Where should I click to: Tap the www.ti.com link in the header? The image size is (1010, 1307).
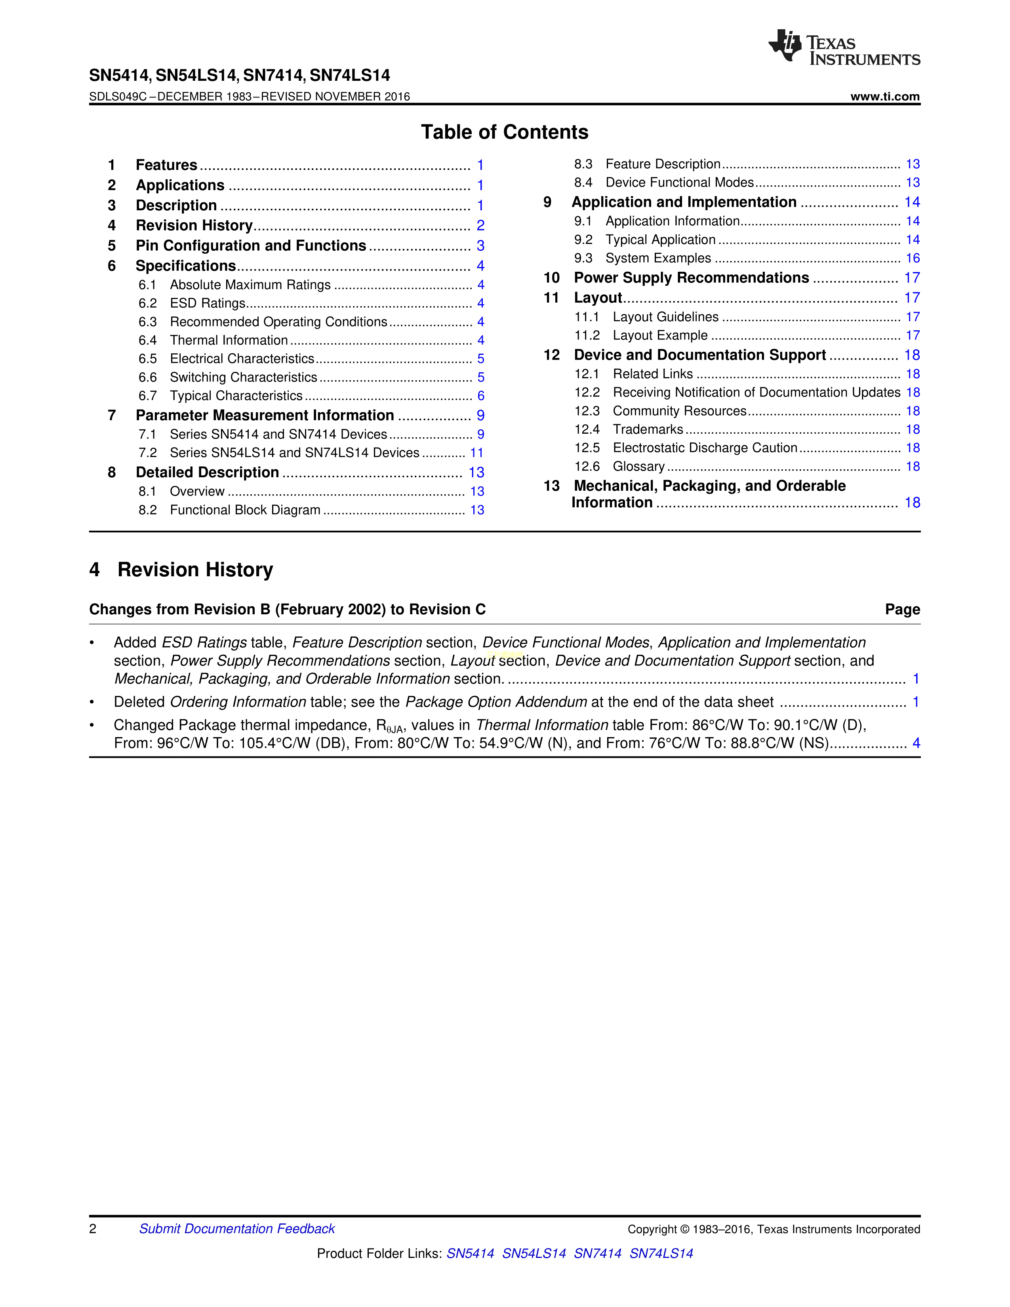[x=885, y=96]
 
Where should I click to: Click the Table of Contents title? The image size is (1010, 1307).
[x=504, y=132]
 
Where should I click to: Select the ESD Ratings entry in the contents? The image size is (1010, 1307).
[x=208, y=303]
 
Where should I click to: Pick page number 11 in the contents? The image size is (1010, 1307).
[x=476, y=453]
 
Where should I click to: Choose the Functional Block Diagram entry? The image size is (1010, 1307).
[x=245, y=510]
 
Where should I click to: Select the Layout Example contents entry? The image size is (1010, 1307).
[x=660, y=336]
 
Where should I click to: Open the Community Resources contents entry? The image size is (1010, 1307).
[x=679, y=411]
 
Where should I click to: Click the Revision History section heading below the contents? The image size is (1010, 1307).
[x=195, y=570]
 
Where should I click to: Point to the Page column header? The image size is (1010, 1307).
[x=902, y=610]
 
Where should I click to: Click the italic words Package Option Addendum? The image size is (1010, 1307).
[x=496, y=702]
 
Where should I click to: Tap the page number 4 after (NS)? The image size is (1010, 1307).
[x=915, y=743]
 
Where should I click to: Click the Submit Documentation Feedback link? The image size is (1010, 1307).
[x=237, y=1229]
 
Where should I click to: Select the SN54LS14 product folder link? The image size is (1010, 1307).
[x=534, y=1253]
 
